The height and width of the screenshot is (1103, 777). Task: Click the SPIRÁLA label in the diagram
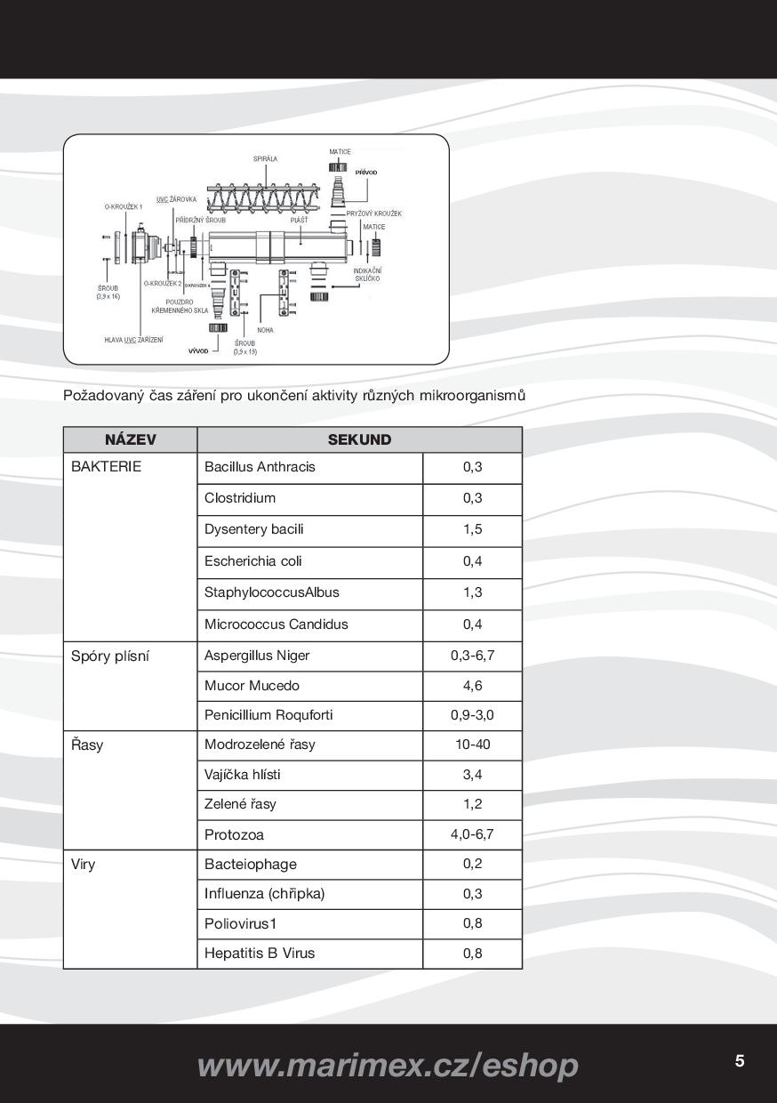coord(265,159)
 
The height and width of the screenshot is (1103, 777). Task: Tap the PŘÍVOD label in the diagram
coord(366,173)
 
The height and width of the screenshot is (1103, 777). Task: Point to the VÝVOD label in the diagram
coord(198,351)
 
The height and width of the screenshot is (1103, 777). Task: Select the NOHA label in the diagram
coord(265,330)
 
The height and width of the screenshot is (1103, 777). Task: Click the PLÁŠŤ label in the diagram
coord(300,220)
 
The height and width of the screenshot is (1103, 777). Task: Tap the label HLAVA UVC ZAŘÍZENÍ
coord(133,340)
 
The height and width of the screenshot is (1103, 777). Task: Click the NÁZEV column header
coord(130,439)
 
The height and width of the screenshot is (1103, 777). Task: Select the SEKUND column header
coord(359,439)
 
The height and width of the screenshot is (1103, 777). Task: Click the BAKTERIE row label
coord(106,467)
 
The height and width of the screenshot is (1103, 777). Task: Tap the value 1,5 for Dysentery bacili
coord(472,529)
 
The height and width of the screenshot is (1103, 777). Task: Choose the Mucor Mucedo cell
coord(252,686)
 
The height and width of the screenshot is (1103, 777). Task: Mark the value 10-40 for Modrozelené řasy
coord(472,745)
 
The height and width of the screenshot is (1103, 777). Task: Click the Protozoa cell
coord(234,834)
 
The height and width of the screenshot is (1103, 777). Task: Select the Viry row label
coord(84,865)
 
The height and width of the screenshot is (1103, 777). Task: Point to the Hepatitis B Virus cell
coord(260,954)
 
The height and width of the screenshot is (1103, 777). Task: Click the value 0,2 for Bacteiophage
coord(472,864)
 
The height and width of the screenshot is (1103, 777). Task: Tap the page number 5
coord(740,1060)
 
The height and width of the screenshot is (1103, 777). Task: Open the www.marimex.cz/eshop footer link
coord(388,1065)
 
